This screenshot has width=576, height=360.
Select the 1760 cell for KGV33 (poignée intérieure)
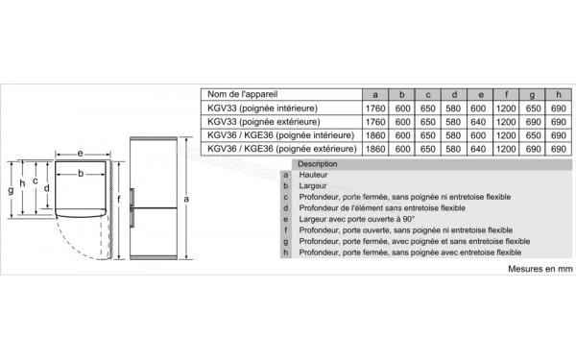[375, 108]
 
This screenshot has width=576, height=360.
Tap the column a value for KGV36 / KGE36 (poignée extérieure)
[375, 149]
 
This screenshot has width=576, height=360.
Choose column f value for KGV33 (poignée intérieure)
[506, 108]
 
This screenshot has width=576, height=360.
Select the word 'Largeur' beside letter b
[313, 185]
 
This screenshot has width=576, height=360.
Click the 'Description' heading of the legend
[318, 164]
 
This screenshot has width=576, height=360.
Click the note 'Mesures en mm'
[540, 270]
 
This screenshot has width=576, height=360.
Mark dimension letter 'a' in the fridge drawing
[186, 198]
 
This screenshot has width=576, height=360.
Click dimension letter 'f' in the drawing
[118, 200]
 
